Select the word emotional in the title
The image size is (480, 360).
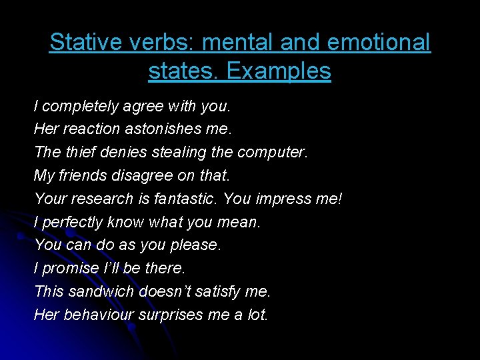click(378, 43)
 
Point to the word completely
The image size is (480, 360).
click(80, 106)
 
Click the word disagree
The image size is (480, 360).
click(127, 175)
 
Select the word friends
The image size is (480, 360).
click(82, 175)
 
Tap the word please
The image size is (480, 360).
click(195, 245)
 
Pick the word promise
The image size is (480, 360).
click(70, 268)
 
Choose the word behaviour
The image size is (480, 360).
click(98, 315)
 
